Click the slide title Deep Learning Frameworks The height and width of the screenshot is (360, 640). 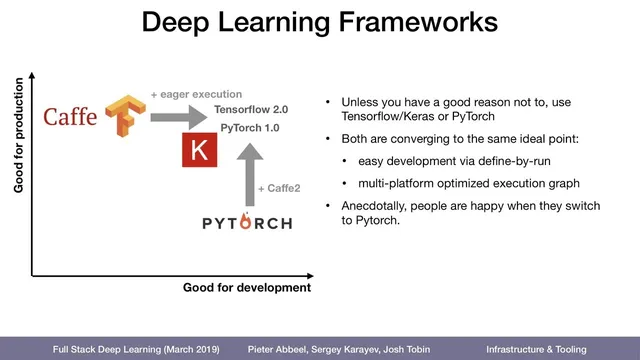(319, 23)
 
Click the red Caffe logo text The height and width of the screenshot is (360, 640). (70, 118)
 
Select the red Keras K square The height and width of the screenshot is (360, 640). (196, 152)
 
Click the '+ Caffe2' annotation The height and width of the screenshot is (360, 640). (278, 188)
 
